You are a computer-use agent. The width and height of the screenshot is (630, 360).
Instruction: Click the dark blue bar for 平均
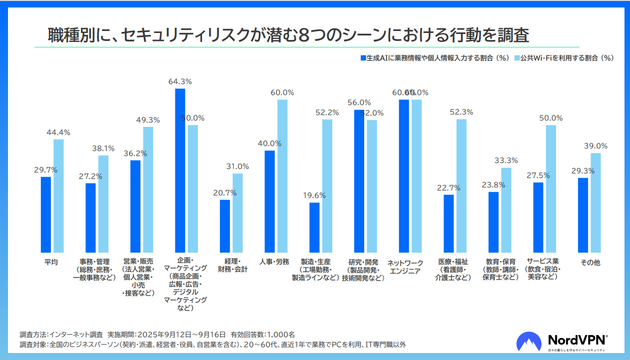click(x=46, y=215)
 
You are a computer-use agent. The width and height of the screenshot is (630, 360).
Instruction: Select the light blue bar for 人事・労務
click(x=282, y=176)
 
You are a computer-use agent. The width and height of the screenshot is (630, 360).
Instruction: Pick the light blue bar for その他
click(x=596, y=203)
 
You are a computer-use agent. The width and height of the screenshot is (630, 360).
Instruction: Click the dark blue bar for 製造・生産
click(x=314, y=228)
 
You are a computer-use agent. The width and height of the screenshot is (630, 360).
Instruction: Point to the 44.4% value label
click(x=58, y=132)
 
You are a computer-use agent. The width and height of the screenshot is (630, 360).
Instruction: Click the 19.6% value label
click(x=314, y=196)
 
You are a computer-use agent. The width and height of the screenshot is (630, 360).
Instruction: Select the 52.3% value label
click(x=461, y=112)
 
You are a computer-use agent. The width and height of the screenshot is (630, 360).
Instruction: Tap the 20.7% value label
click(x=225, y=193)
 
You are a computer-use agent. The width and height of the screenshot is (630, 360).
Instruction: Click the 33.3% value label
click(x=506, y=160)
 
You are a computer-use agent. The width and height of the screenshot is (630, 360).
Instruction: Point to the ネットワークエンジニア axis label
click(x=405, y=267)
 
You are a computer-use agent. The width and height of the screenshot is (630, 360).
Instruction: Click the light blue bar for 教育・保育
click(x=506, y=210)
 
